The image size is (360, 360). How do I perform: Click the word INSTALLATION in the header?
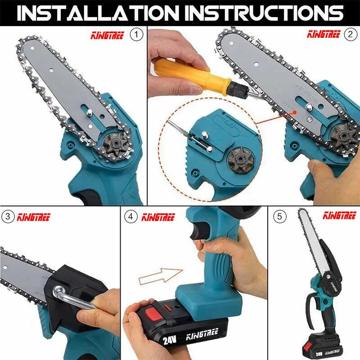coord(98,13)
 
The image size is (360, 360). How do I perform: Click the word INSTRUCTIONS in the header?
coord(264,13)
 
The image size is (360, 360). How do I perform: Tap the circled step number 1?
coord(136,35)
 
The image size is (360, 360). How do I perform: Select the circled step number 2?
coord(351,35)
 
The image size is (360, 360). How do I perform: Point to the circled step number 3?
coord(8,216)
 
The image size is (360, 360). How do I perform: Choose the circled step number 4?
coord(131,216)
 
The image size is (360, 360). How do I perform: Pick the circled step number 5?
coord(279,216)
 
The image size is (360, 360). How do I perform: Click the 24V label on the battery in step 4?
coord(170,340)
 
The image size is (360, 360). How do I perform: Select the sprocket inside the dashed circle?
coord(241,161)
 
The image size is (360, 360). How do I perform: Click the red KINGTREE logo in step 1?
coord(108,36)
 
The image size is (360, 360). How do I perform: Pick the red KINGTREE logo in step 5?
coord(339,216)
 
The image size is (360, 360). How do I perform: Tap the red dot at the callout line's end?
coord(295,112)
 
